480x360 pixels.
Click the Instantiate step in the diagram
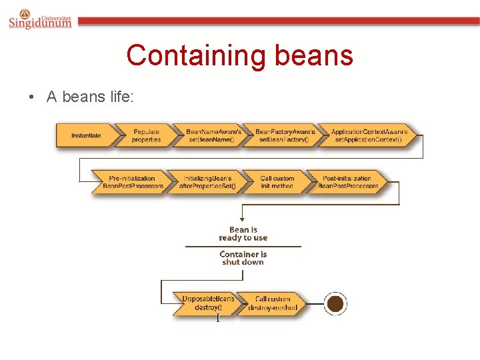tap(87, 136)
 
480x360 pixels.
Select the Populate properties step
tap(146, 136)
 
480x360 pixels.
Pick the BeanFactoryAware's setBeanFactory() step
tap(284, 136)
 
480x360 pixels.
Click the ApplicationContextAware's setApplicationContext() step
tap(367, 136)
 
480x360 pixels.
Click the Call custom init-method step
tap(276, 182)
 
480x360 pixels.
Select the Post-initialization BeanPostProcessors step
tap(347, 182)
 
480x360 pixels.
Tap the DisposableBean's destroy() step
tap(208, 303)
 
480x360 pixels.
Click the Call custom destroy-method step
tap(272, 303)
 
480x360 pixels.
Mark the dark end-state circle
tap(335, 304)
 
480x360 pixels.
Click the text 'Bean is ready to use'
tap(243, 234)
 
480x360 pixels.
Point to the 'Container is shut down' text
tap(243, 258)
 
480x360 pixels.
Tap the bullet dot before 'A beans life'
tap(31, 97)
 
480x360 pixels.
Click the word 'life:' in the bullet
tap(122, 97)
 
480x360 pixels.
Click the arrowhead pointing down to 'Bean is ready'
tap(243, 218)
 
